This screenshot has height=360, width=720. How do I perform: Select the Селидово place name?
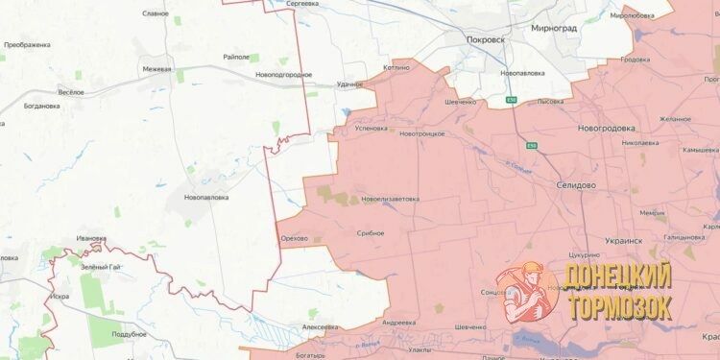576,184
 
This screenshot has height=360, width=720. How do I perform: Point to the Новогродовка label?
606,128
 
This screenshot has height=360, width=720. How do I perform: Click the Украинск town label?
624,241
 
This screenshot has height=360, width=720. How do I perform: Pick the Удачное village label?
349,84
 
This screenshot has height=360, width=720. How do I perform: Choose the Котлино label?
396,67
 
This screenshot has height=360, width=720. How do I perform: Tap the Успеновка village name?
371,128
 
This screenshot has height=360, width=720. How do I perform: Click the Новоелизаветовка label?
390,199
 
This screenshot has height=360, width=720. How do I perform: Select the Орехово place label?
293,238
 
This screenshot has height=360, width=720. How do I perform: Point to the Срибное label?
370,233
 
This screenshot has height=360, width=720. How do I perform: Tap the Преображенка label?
27,45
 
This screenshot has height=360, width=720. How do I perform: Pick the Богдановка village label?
42,106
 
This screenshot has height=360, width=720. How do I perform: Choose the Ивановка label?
91,238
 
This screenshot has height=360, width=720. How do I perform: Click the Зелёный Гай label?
100,266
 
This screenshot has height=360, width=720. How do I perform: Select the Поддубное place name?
129,333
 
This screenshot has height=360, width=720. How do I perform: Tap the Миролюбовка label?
632,15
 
